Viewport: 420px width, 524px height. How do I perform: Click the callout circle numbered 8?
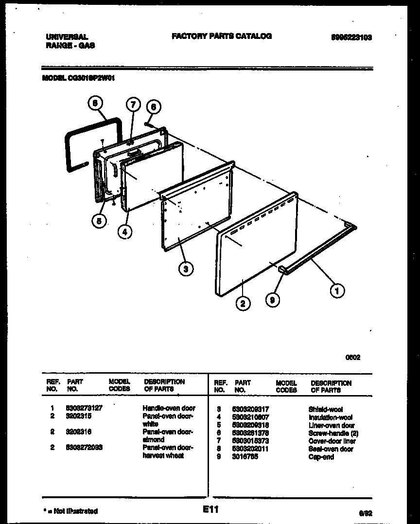tap(95, 103)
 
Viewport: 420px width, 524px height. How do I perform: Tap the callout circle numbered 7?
tap(133, 104)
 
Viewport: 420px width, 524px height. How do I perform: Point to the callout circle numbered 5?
tap(99, 220)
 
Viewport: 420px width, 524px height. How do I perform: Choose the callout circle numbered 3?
tap(185, 268)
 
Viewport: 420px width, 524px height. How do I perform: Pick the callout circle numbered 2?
tap(243, 304)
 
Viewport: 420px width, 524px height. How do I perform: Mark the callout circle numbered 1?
tap(336, 290)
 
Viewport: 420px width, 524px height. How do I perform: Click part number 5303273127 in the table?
tap(84, 408)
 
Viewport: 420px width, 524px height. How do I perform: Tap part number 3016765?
tap(245, 457)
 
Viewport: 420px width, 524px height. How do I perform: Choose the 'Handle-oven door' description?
tap(169, 408)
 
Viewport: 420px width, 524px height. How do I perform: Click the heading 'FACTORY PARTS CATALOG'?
tap(221, 36)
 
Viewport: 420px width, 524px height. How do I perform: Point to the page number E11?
tap(211, 510)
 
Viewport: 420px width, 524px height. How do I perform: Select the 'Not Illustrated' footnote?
tap(70, 511)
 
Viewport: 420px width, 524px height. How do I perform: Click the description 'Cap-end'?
tap(321, 457)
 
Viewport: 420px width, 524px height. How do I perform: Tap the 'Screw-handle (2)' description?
tap(332, 433)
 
